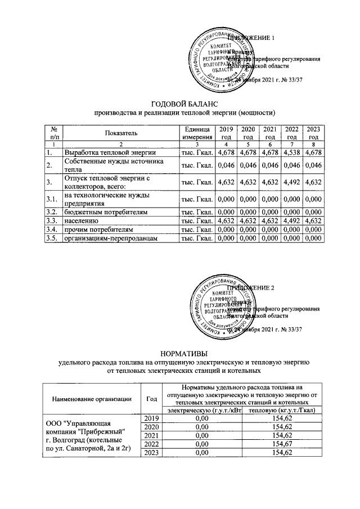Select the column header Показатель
[x=120, y=133]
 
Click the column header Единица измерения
[x=196, y=133]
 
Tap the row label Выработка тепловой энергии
[x=106, y=152]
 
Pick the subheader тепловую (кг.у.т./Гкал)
[x=285, y=410]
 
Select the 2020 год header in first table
[x=247, y=133]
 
